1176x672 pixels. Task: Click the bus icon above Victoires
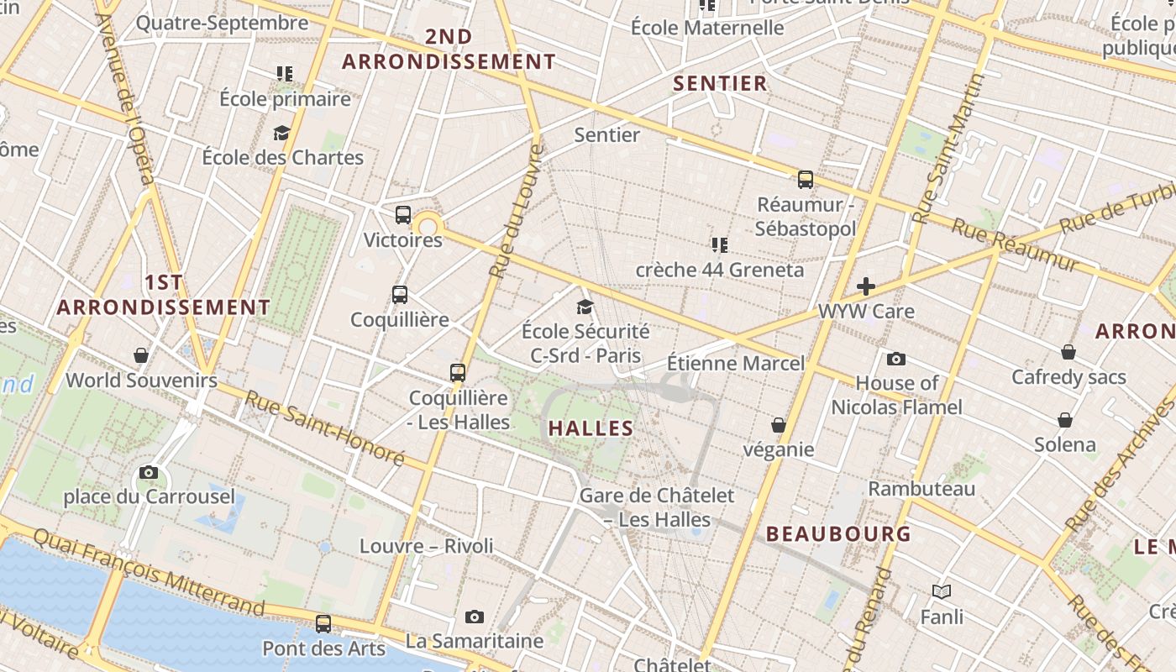[403, 214]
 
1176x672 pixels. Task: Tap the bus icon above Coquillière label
[400, 295]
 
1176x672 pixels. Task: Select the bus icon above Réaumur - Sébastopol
[805, 179]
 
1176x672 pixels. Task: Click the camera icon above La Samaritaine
[475, 617]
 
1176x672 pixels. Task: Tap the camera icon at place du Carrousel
[149, 472]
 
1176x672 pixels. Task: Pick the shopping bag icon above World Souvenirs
[141, 355]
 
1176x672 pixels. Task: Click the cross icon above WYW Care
[866, 286]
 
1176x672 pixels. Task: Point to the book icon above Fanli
[942, 592]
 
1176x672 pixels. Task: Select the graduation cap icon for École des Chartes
[281, 133]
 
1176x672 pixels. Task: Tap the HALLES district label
[591, 428]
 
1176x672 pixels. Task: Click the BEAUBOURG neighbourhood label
[838, 533]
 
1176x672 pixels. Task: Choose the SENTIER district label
[721, 83]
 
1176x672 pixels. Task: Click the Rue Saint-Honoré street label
[324, 428]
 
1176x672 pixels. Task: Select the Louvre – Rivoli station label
[427, 546]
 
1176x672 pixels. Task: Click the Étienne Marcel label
[735, 363]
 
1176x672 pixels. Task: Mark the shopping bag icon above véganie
[779, 425]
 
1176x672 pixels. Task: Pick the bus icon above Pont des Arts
[323, 624]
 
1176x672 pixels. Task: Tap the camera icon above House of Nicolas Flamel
[896, 359]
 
